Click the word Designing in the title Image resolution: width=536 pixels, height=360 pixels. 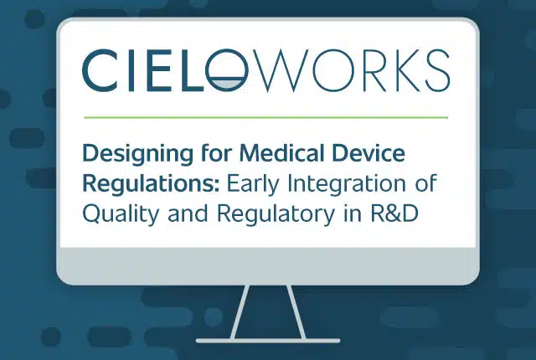coord(137,154)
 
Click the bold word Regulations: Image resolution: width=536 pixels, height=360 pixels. coord(151,185)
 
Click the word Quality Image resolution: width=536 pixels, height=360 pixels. coord(121,214)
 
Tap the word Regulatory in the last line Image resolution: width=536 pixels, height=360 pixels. coord(276,214)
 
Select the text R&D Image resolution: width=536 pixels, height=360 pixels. coord(394,213)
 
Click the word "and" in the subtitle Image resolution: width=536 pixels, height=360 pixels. coord(188,213)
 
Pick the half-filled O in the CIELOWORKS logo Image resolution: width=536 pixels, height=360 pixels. coord(226,70)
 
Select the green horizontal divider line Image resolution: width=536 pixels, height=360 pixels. coord(266,117)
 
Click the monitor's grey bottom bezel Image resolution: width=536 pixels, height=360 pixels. coord(268,265)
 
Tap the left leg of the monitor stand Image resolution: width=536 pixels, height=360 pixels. coord(240,311)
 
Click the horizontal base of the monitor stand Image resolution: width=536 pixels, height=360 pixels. coord(268,341)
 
